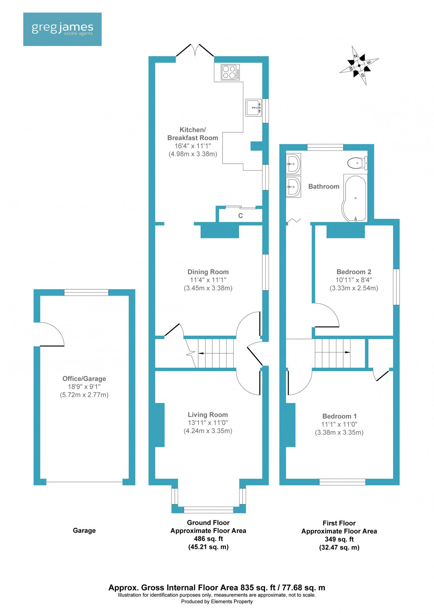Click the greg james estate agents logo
tap(62, 29)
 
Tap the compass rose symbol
tap(359, 65)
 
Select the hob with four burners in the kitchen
tap(230, 72)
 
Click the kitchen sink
tap(254, 107)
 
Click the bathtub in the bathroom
tap(355, 198)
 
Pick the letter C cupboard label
tap(240, 216)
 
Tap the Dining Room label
tap(208, 272)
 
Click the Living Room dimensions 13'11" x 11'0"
tap(208, 423)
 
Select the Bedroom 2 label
tap(353, 272)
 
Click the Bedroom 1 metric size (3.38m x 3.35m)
tap(339, 433)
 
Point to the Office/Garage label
tap(84, 379)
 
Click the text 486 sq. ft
tap(208, 539)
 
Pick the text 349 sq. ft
tap(339, 539)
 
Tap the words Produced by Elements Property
tap(217, 601)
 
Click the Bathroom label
tap(323, 187)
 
